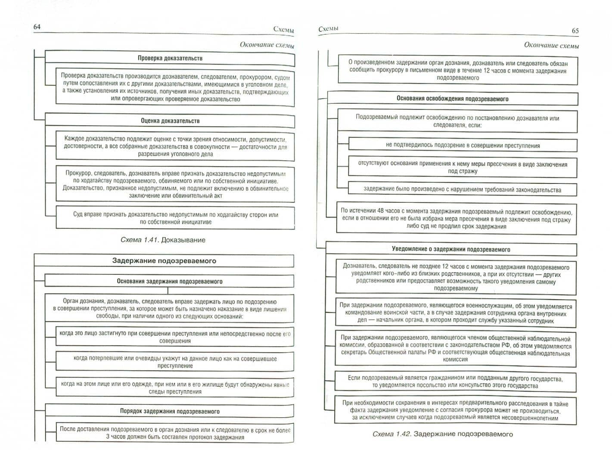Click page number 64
37,27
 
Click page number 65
575,31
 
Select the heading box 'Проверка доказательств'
170,58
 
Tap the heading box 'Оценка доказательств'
170,121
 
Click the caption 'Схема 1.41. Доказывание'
163,240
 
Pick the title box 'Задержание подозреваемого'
164,261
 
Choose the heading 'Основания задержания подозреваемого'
169,282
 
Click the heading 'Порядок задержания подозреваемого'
169,411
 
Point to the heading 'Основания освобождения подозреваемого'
452,99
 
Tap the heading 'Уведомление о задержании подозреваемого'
451,249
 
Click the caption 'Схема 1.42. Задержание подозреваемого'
442,434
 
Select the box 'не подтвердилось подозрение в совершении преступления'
463,146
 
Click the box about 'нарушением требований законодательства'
462,189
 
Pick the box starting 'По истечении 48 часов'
456,219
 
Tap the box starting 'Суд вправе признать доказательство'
175,218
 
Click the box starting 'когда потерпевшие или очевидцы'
175,362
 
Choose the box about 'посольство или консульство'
455,382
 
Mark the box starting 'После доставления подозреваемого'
175,433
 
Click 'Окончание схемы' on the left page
267,45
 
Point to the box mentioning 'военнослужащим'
456,313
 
